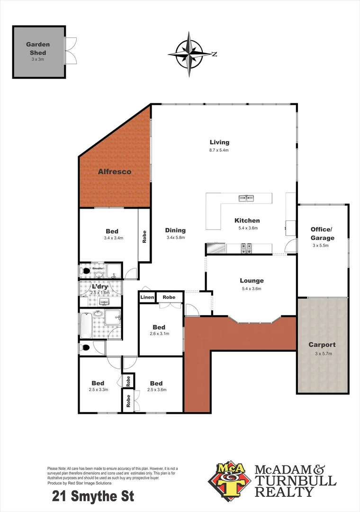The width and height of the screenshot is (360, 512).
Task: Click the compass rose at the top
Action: point(190,54)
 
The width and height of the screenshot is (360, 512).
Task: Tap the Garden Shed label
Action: point(38,48)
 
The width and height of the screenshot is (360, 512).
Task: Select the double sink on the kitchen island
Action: point(246,198)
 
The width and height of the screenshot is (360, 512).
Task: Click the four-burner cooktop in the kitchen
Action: point(246,247)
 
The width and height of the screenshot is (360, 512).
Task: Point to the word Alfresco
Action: point(114,171)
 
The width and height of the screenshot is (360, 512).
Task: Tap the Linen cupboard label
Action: point(147,297)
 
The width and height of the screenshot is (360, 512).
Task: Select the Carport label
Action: point(322,345)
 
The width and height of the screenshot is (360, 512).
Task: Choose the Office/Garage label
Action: point(322,234)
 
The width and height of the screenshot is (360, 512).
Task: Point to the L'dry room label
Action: point(100,287)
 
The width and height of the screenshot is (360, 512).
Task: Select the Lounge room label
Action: point(252,281)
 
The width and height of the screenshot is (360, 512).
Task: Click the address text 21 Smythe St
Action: point(93,496)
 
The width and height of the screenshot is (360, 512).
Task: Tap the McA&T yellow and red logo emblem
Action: point(229,479)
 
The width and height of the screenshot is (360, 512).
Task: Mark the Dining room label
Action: point(175,230)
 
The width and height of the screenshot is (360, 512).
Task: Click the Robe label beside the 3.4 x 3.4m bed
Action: point(144,237)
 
